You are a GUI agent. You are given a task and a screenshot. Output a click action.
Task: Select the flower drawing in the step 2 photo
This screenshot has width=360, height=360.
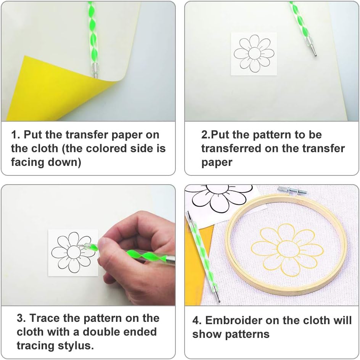tap(254, 54)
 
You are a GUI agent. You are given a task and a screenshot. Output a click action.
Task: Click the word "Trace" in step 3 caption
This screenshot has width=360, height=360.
tap(45, 318)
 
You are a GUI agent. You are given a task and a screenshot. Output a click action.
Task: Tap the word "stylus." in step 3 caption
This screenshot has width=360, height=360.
tap(74, 346)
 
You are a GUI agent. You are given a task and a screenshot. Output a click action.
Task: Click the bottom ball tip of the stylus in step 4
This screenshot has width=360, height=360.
tap(219, 301)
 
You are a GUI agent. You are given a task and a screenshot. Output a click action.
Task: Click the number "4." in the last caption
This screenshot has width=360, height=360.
tap(197, 320)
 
